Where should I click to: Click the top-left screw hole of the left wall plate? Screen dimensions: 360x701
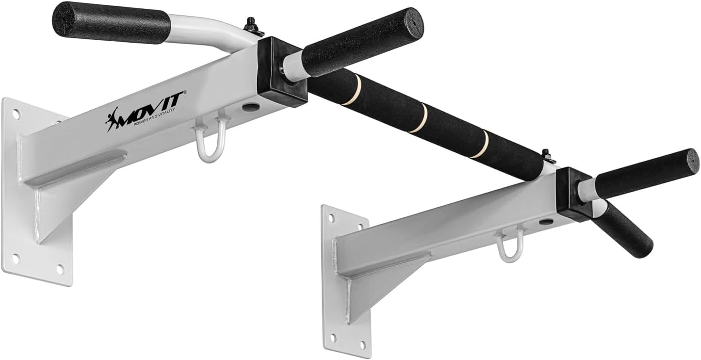(16, 115)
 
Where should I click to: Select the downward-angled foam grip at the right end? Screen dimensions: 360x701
(623, 230)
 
